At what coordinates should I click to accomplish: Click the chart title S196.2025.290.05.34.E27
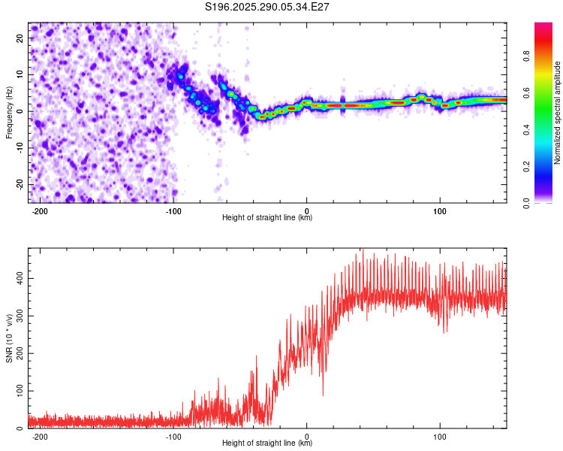[x=268, y=7]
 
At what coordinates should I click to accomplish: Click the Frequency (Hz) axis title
[x=8, y=113]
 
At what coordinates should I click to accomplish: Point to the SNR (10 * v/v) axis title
[x=8, y=337]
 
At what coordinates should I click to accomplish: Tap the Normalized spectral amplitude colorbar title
[x=558, y=113]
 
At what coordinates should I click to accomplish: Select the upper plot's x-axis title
[x=267, y=218]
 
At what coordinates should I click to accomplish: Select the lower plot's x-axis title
[x=267, y=443]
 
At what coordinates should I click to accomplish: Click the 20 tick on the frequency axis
[x=20, y=38]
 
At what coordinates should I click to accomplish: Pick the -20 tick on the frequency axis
[x=19, y=184]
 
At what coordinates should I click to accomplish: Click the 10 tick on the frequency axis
[x=20, y=74]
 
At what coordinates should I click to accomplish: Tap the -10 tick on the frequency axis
[x=19, y=147]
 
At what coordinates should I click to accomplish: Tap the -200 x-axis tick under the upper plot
[x=41, y=210]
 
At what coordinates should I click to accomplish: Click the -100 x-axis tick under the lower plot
[x=173, y=435]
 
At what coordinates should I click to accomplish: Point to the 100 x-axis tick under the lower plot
[x=440, y=435]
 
